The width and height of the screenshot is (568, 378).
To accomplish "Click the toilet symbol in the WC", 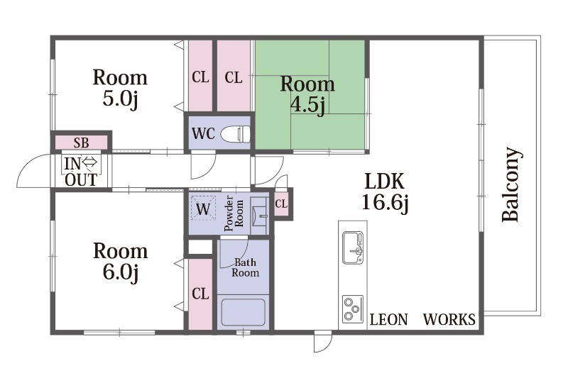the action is (x=236, y=134).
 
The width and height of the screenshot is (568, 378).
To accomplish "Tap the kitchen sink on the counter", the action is (x=353, y=248).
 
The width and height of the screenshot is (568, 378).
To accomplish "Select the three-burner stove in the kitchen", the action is (x=353, y=308).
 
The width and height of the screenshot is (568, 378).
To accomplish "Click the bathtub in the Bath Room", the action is (x=244, y=312).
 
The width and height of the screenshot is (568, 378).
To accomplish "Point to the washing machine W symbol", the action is (x=203, y=209).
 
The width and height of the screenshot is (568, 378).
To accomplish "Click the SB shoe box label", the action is (x=81, y=143).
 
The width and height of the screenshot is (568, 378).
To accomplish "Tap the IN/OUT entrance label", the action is (x=81, y=172).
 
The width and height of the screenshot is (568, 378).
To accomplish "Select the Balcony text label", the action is (x=512, y=184).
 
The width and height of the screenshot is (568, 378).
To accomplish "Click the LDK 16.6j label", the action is (x=385, y=191).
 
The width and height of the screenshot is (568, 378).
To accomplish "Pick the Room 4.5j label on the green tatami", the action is (x=307, y=94).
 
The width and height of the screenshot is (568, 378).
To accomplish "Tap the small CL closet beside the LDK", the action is (x=281, y=204).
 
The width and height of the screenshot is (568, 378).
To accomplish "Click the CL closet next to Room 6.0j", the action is (x=200, y=294).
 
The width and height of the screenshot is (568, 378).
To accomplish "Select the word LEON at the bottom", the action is (x=388, y=320).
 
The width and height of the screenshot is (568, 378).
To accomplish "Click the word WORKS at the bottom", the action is (x=449, y=320).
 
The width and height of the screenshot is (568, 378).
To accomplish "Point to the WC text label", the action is (x=204, y=134).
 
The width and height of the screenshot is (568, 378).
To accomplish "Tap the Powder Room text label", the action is (x=234, y=213).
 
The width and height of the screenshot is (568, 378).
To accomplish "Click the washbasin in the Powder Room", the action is (x=259, y=216).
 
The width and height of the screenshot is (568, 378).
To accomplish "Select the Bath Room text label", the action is (x=245, y=267).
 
